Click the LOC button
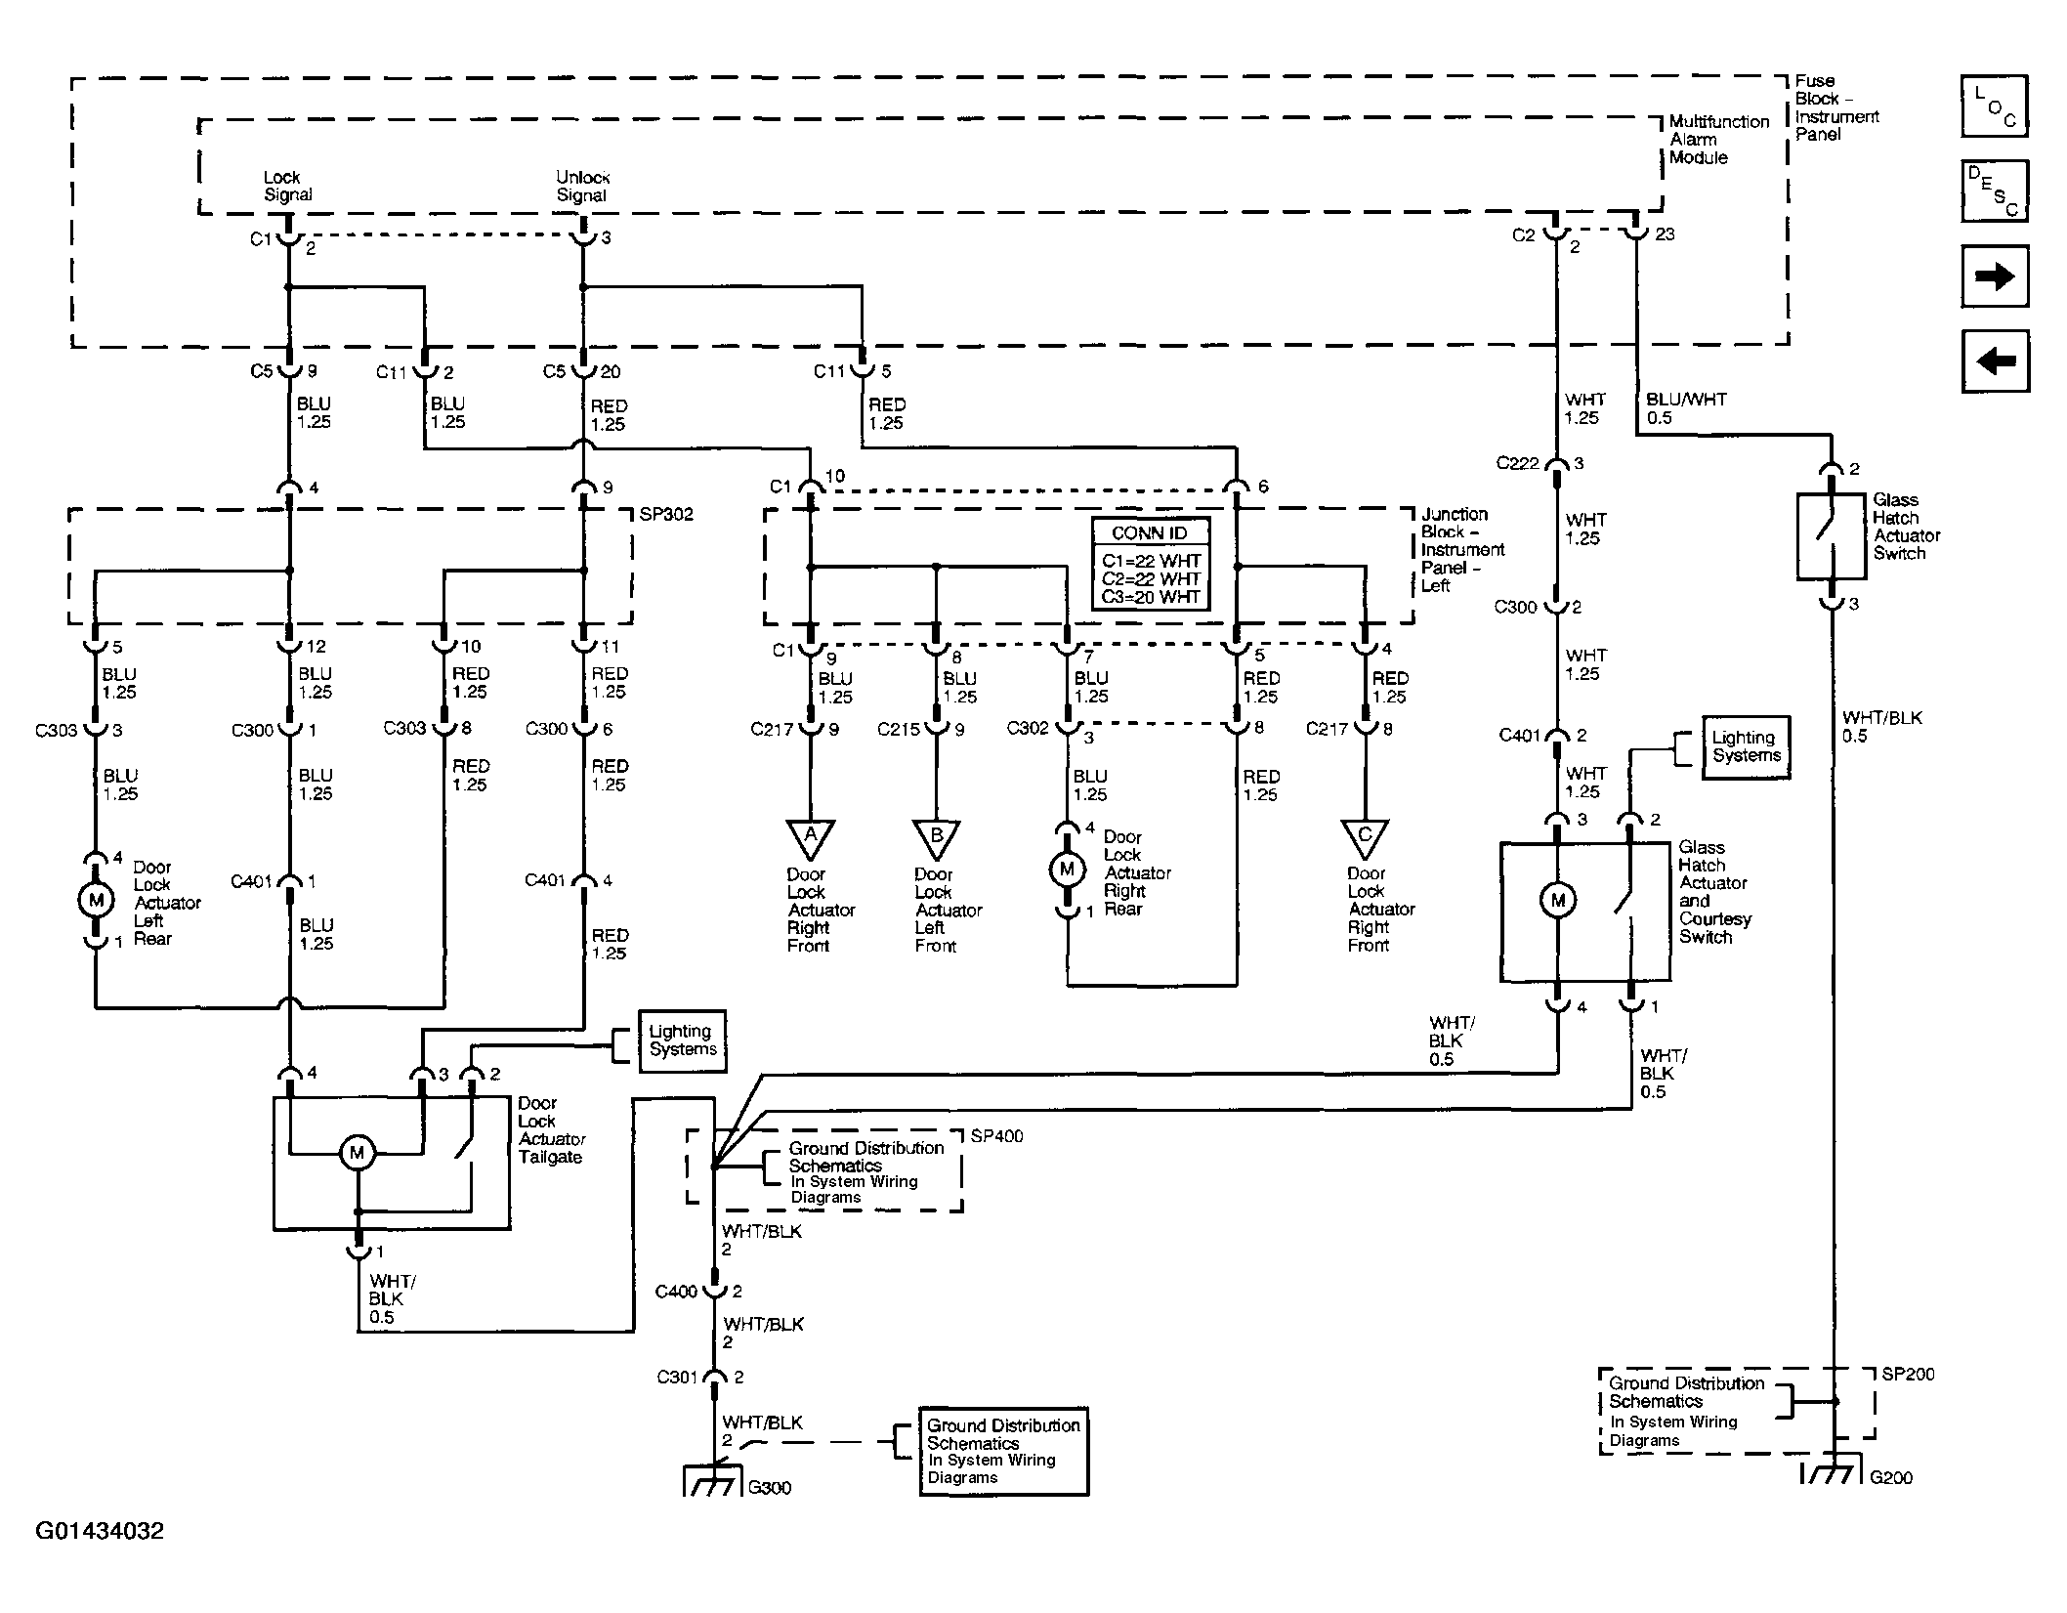coord(1995,106)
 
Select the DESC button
coord(1995,191)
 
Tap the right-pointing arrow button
coord(1995,276)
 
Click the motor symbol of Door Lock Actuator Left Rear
coord(96,899)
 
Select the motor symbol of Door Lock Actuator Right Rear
coord(1067,869)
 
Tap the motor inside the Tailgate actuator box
coord(357,1153)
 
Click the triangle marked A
coord(810,837)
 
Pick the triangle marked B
coord(937,837)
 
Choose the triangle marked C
coord(1365,837)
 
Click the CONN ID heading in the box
coord(1150,533)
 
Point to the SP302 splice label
coord(666,515)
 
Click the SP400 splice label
coord(997,1137)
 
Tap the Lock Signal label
coord(287,186)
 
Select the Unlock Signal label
coord(582,186)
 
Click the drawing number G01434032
coord(100,1530)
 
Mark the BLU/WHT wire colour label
coord(1686,399)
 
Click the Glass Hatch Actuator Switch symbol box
coord(1831,536)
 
